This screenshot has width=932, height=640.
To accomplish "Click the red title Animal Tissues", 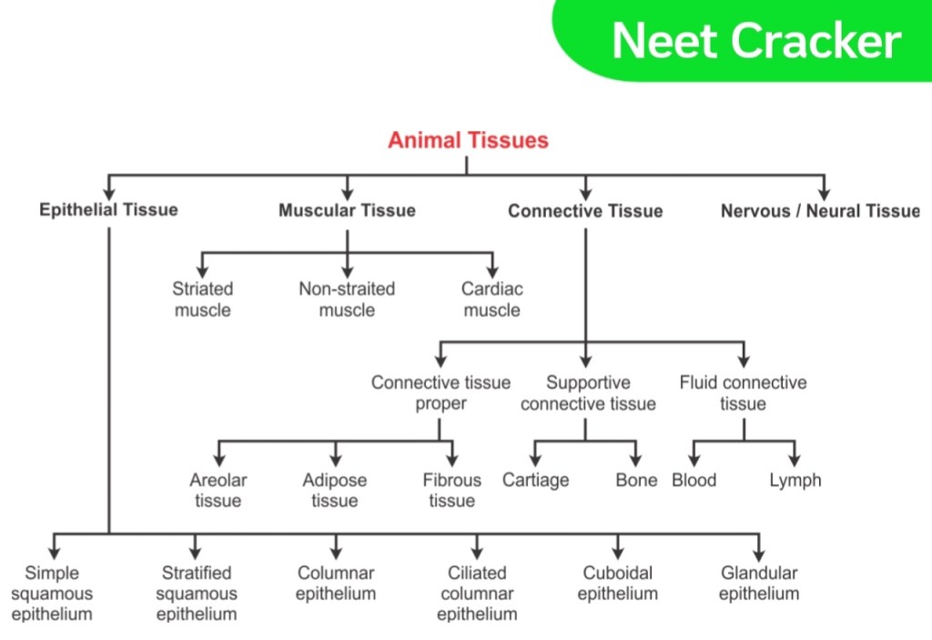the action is [468, 140].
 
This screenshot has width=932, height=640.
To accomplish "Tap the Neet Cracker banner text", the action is [756, 41].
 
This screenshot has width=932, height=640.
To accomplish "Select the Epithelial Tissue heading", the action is [109, 209].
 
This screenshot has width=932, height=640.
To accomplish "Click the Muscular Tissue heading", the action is [347, 210].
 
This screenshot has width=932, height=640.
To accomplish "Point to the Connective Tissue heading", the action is [585, 210].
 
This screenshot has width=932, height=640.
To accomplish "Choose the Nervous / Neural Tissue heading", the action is [820, 210].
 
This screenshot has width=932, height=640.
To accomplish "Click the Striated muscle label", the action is [203, 300].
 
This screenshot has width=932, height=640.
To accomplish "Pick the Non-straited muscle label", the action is [347, 300].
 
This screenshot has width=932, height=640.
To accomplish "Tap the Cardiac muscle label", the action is [492, 300].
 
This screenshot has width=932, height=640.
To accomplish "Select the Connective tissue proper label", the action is [441, 392].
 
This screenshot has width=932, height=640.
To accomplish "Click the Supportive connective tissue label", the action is [589, 392].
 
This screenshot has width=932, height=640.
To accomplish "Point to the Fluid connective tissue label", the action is [743, 392].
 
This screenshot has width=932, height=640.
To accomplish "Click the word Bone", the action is [636, 480].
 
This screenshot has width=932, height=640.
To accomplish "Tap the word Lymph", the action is [795, 481].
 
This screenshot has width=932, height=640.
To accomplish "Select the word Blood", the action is [694, 480].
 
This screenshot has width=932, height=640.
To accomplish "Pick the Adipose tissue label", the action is [335, 490].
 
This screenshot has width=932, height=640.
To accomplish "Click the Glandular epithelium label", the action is [759, 583].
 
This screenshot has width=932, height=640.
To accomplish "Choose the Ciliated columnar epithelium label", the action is [477, 593].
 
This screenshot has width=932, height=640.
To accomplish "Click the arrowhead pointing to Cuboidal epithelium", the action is [618, 554].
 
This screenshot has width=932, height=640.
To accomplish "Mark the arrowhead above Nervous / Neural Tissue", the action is [824, 194].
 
